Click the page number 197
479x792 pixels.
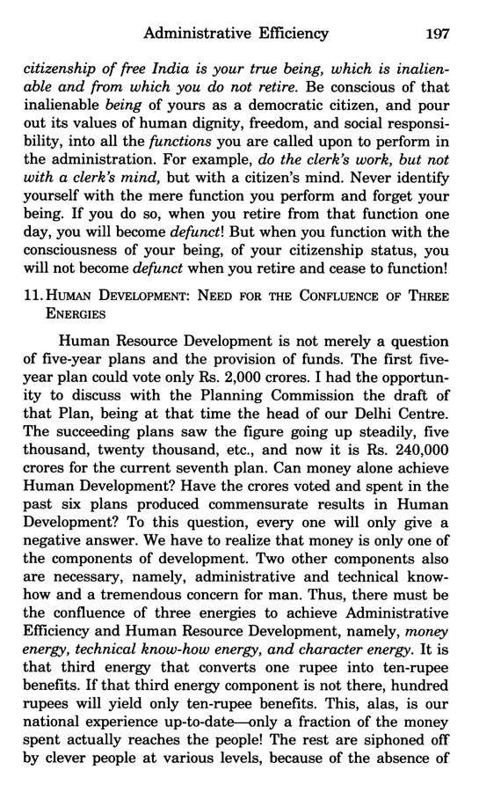coord(437,35)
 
